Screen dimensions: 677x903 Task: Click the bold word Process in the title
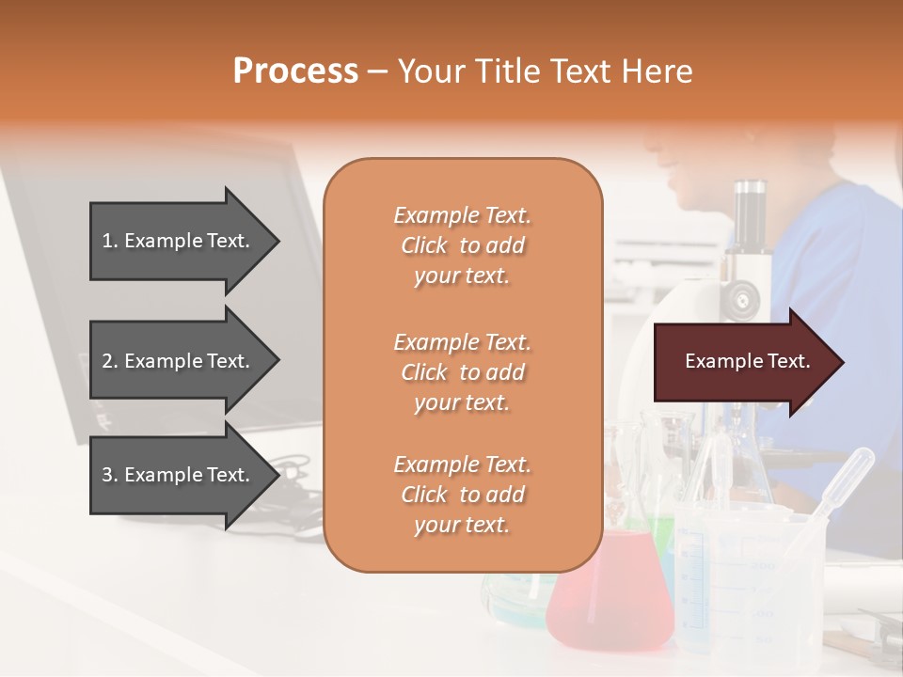tap(295, 71)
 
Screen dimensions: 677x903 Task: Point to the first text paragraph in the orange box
tap(462, 245)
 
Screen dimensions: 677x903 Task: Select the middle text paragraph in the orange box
tap(462, 372)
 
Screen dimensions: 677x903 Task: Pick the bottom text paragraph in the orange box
tap(462, 495)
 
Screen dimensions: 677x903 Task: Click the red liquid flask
tap(612, 597)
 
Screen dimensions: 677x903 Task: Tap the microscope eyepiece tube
tap(750, 216)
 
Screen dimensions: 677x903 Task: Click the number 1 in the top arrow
tap(107, 241)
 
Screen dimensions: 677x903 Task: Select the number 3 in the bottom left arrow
tap(107, 475)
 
